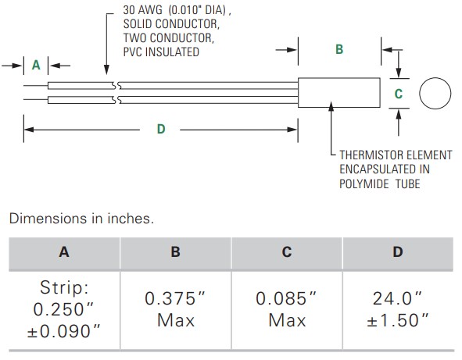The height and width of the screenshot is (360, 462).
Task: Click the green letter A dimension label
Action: click(x=36, y=65)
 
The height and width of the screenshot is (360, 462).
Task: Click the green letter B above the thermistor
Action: click(x=339, y=49)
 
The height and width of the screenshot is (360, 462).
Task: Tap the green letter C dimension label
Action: click(x=399, y=94)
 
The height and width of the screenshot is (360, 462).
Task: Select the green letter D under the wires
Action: click(x=161, y=129)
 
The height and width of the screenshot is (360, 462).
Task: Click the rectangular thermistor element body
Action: click(x=339, y=93)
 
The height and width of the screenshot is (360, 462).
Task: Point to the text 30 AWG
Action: click(x=142, y=10)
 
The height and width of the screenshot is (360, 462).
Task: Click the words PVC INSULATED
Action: click(x=161, y=52)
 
